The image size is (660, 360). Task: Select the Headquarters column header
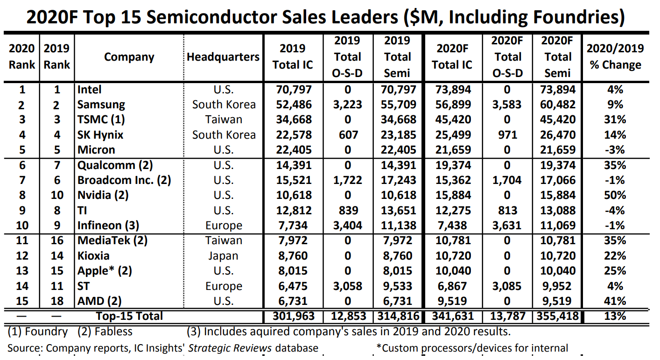point(223,56)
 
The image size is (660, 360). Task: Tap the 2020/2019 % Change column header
point(615,56)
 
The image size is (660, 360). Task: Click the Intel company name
point(89,89)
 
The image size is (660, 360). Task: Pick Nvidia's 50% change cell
point(615,195)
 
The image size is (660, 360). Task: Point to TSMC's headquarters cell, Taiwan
point(224,120)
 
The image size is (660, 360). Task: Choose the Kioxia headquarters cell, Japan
point(223,256)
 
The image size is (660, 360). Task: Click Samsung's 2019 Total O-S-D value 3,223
point(347,105)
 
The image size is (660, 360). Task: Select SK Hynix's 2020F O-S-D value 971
point(507,135)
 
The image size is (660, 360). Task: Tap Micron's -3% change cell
point(615,150)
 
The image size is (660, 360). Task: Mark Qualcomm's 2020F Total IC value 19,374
point(453,165)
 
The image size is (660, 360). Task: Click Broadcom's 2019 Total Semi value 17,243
point(398,180)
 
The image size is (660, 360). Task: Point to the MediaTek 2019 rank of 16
point(57,240)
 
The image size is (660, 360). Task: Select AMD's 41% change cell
point(615,301)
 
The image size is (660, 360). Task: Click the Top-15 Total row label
point(129,316)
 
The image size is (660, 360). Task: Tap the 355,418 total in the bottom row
point(558,316)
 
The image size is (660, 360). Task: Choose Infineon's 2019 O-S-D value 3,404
point(347,226)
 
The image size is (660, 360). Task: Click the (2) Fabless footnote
point(105,332)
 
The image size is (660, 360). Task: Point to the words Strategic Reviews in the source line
point(230,348)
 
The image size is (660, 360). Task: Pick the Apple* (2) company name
point(105,271)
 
